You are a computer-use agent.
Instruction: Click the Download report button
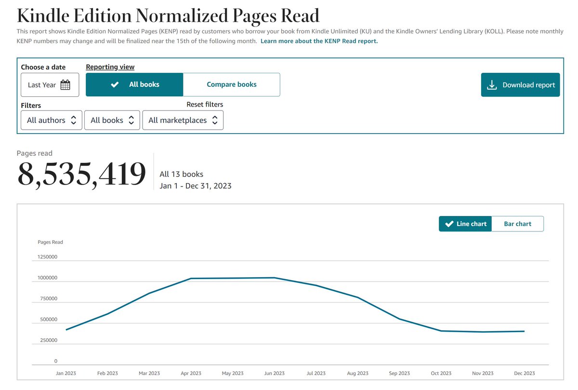[x=520, y=85]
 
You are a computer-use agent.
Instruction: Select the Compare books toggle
[x=231, y=84]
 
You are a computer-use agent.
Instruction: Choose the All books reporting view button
[x=134, y=84]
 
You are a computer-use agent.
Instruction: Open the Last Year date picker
[x=50, y=85]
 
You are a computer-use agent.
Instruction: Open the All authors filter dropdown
[x=52, y=121]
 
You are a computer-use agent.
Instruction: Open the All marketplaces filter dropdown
[x=183, y=121]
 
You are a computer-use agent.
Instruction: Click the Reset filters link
[x=205, y=105]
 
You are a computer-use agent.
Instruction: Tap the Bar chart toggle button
[x=517, y=224]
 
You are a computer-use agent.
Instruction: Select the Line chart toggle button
[x=465, y=224]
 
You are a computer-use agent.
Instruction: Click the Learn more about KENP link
[x=319, y=41]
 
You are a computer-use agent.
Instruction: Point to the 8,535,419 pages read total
[x=81, y=175]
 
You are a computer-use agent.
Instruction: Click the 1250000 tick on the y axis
[x=47, y=257]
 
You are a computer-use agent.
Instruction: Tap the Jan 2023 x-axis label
[x=66, y=373]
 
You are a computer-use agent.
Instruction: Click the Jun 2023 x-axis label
[x=274, y=373]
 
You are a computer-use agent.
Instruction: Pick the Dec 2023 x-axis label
[x=524, y=373]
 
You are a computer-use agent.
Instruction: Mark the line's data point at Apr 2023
[x=191, y=279]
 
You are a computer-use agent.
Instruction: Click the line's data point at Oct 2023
[x=441, y=331]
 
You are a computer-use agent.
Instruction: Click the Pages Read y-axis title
[x=50, y=242]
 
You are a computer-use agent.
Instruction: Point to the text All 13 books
[x=181, y=175]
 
